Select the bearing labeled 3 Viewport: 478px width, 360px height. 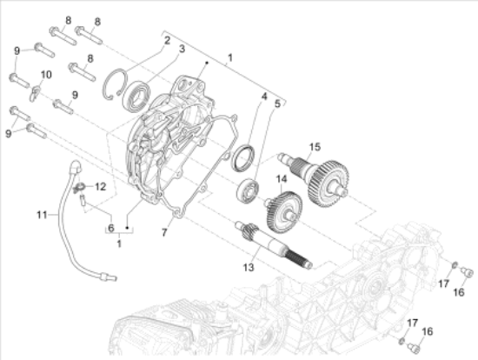[136, 96]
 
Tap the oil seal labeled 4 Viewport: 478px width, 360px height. [243, 158]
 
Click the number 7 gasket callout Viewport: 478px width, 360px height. [164, 232]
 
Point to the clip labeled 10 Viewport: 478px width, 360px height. [35, 93]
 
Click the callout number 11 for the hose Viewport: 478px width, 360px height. [42, 215]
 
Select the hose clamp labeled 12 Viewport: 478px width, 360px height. [79, 188]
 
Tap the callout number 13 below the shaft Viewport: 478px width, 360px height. [249, 268]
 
